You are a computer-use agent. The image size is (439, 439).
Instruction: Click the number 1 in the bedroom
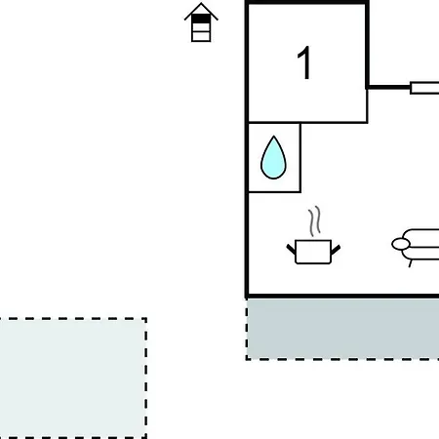pos(304,62)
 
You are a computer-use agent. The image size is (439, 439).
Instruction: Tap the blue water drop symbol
pos(273,158)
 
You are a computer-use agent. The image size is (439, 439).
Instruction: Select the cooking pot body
pos(313,252)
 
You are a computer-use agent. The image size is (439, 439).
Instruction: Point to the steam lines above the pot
pos(314,221)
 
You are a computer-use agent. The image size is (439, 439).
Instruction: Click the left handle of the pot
pos(291,250)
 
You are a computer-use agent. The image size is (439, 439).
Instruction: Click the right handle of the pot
pos(336,250)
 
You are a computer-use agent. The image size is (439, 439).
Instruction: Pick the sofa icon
pos(416,247)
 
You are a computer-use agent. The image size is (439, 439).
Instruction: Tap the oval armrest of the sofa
pos(401,244)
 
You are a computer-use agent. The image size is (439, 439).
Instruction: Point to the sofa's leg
pos(411,263)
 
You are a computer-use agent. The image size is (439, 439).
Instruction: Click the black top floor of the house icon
pos(201,19)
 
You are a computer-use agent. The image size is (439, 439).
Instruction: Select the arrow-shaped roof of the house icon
pos(201,12)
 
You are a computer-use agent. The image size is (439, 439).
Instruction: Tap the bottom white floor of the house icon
pos(201,36)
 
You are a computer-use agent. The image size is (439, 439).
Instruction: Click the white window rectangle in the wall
pos(424,88)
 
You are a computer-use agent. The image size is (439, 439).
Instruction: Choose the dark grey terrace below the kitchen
pos(342,329)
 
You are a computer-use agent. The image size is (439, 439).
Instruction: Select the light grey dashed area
pos(73,379)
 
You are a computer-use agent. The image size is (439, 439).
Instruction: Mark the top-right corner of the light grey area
pos(146,318)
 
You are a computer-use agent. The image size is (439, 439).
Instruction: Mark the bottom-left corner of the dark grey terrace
pos(247,359)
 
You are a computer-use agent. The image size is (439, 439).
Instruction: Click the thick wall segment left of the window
pos(388,87)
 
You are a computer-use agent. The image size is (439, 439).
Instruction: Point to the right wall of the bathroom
pos(299,157)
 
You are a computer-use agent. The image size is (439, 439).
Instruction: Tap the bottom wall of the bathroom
pos(274,191)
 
